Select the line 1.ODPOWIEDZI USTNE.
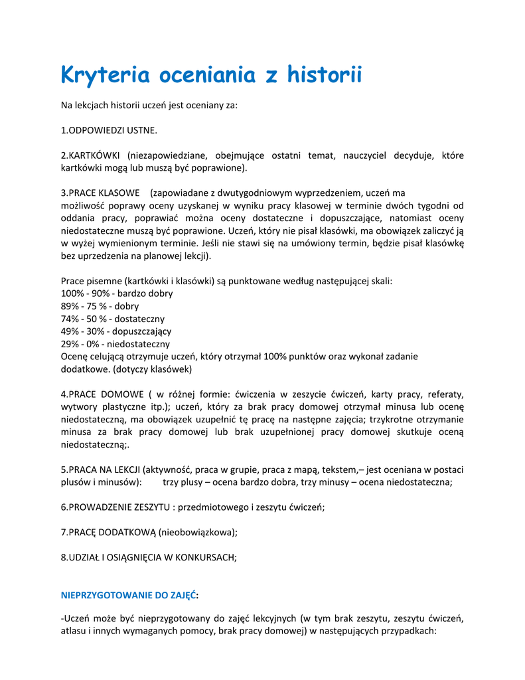click(109, 130)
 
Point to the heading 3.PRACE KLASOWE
click(100, 193)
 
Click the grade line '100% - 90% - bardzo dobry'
click(117, 294)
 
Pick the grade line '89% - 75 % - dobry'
click(100, 306)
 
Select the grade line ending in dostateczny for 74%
click(113, 319)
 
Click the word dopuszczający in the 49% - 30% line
click(143, 331)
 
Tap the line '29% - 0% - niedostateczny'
click(115, 344)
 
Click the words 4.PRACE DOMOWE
click(100, 394)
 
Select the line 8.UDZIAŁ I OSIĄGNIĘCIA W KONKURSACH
click(149, 558)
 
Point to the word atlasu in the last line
click(74, 632)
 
